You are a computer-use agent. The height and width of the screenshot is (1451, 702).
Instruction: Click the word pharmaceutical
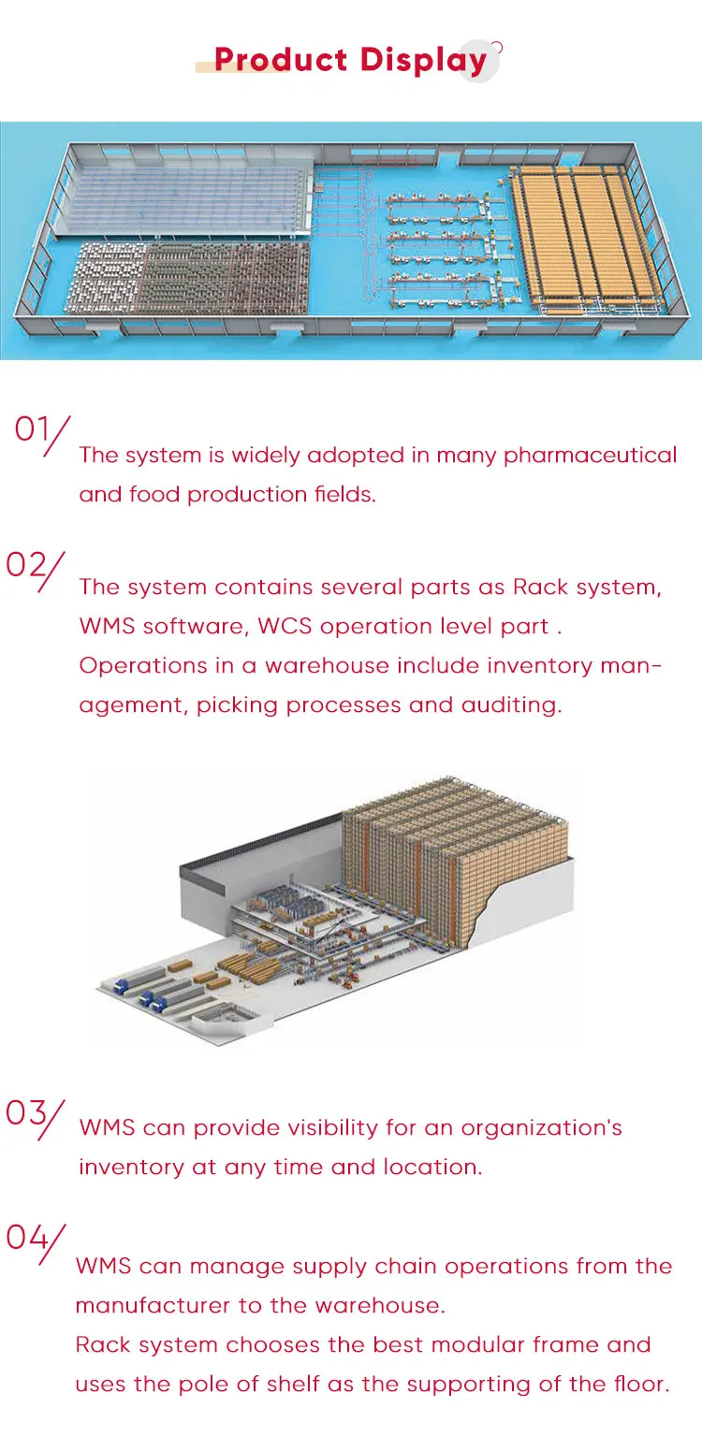coord(590,456)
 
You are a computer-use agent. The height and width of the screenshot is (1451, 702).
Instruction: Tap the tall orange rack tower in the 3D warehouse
coord(454,861)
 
